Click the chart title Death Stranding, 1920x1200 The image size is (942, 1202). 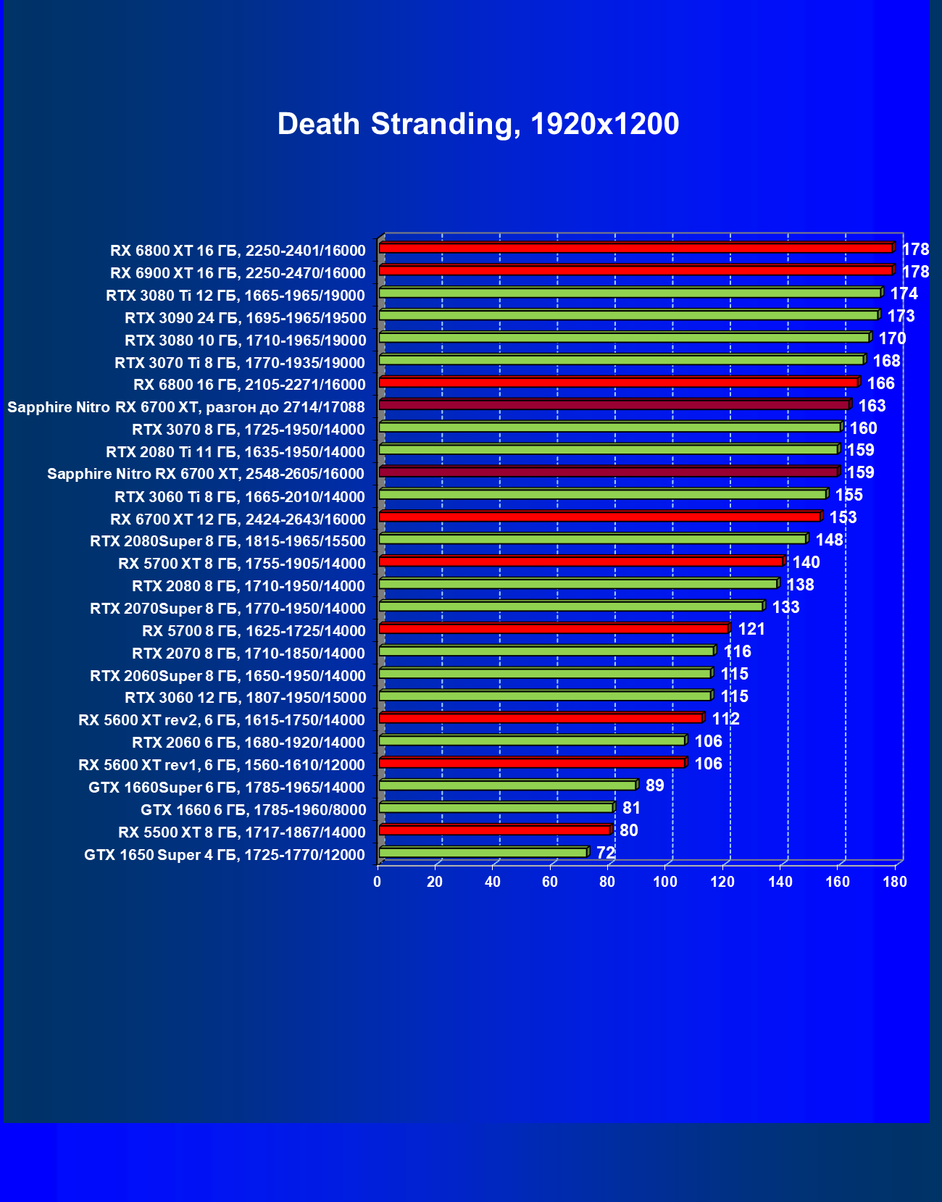[x=478, y=124]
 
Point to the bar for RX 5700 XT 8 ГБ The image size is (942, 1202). [x=580, y=562]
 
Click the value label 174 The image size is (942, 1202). [x=904, y=293]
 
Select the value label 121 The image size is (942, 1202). [x=751, y=629]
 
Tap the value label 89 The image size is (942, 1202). [x=654, y=785]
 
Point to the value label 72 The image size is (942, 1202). [x=606, y=853]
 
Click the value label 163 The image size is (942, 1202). [x=872, y=406]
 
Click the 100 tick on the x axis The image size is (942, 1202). [x=665, y=882]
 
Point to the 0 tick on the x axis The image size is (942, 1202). [x=378, y=882]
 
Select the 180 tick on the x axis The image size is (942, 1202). [x=896, y=882]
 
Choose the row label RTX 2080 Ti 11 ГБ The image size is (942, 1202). [x=236, y=452]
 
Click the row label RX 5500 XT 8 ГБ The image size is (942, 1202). [x=241, y=832]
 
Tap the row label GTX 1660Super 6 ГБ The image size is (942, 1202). [x=227, y=788]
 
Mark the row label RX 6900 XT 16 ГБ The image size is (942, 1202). [x=238, y=273]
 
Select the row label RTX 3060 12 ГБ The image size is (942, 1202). [x=245, y=698]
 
